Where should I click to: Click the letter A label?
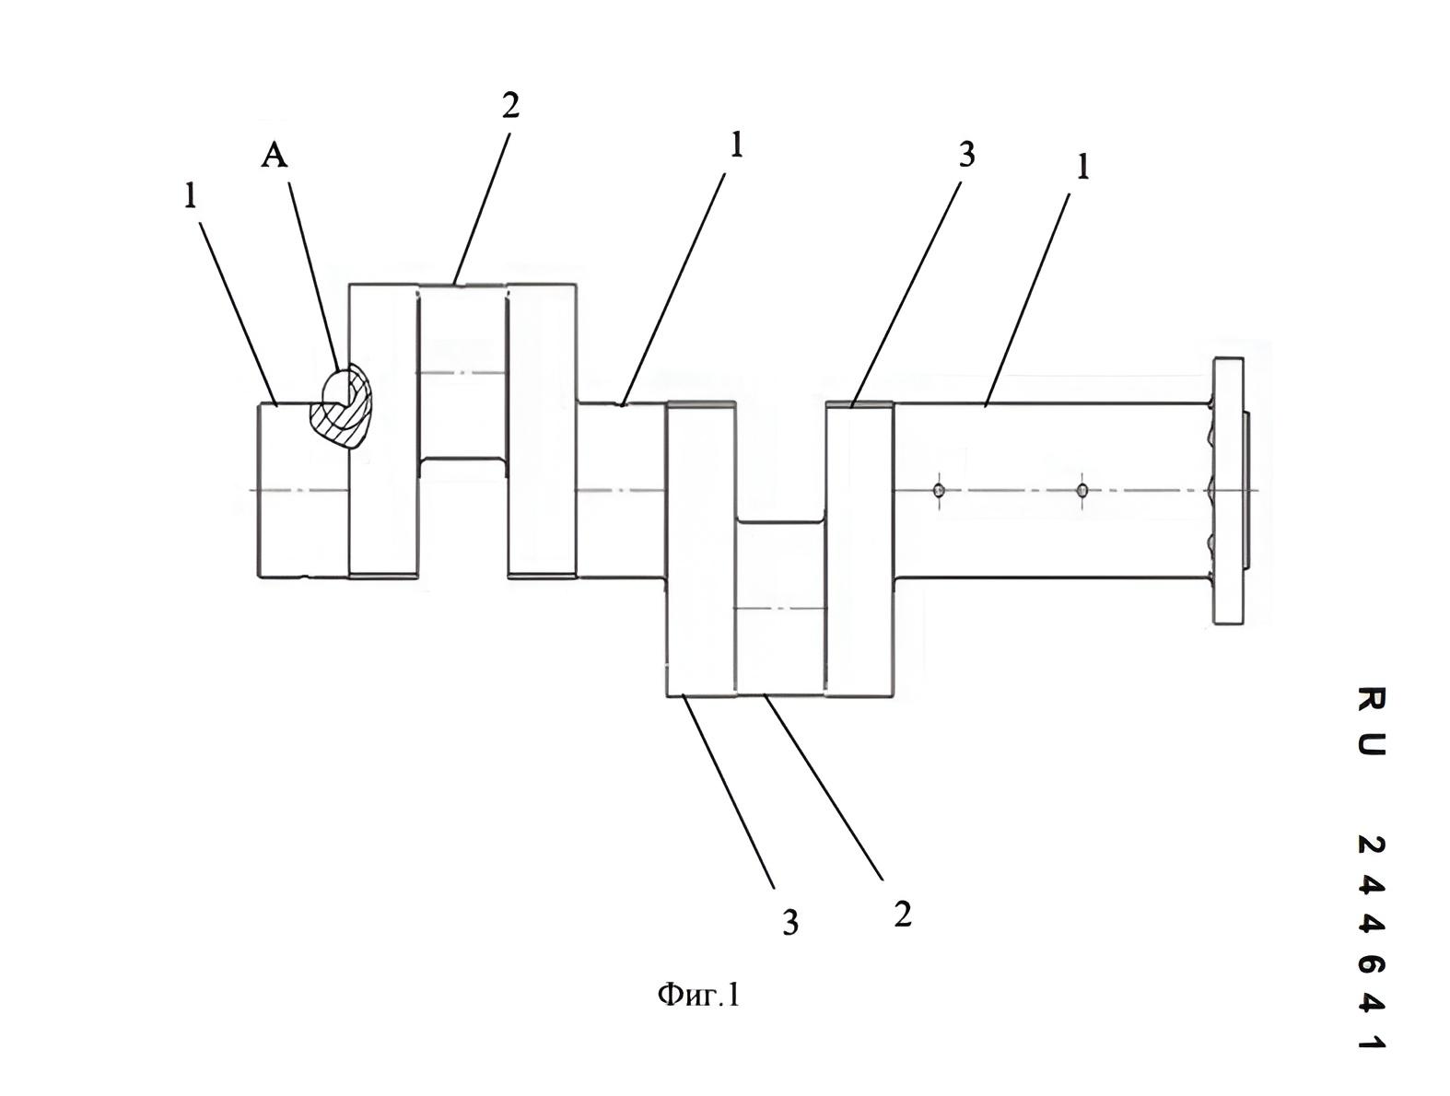pos(275,157)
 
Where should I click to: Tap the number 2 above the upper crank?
pos(510,106)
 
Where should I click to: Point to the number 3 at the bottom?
pos(790,922)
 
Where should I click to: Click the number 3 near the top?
pos(966,155)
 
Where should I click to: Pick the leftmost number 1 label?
pos(191,195)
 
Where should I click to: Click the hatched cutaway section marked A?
pos(341,406)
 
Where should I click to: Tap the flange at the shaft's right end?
pos(1229,490)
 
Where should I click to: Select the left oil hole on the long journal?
pos(938,490)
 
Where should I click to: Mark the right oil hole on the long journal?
pos(1082,490)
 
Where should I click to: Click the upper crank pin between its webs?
pos(462,371)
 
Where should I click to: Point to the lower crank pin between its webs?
pos(780,607)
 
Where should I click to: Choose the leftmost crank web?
pos(384,430)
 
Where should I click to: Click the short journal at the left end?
pos(302,490)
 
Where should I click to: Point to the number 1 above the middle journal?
pos(736,145)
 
